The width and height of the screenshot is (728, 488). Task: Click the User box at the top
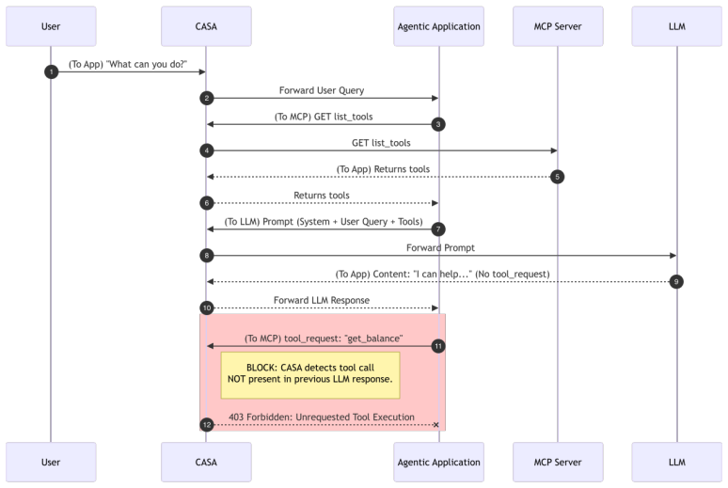click(x=51, y=26)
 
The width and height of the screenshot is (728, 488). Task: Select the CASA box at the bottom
click(x=206, y=462)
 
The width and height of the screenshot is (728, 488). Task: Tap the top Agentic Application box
click(x=438, y=26)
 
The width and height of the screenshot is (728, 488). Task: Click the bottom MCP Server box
click(x=558, y=462)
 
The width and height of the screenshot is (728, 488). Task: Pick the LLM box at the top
click(x=677, y=26)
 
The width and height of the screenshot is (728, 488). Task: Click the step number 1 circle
click(x=51, y=72)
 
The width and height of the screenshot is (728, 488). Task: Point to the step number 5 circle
click(x=557, y=177)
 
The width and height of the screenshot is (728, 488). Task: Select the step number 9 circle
click(x=676, y=282)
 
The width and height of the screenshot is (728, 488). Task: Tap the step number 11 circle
click(x=438, y=346)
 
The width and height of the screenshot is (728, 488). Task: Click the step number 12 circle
click(x=207, y=425)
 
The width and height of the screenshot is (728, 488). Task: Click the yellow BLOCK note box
click(x=310, y=375)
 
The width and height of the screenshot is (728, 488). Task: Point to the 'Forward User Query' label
click(x=322, y=90)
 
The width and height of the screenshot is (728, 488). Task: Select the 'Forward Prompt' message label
click(x=440, y=248)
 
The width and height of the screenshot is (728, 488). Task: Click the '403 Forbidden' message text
click(x=322, y=417)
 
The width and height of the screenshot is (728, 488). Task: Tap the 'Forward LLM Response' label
click(x=322, y=300)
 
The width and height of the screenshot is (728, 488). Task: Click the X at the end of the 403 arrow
click(x=436, y=425)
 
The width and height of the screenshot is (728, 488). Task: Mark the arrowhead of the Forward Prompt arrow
click(x=673, y=256)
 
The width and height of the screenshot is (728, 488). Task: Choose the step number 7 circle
click(x=438, y=228)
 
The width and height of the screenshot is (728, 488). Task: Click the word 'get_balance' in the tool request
click(x=373, y=338)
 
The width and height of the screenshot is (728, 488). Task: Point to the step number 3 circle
click(x=438, y=124)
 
